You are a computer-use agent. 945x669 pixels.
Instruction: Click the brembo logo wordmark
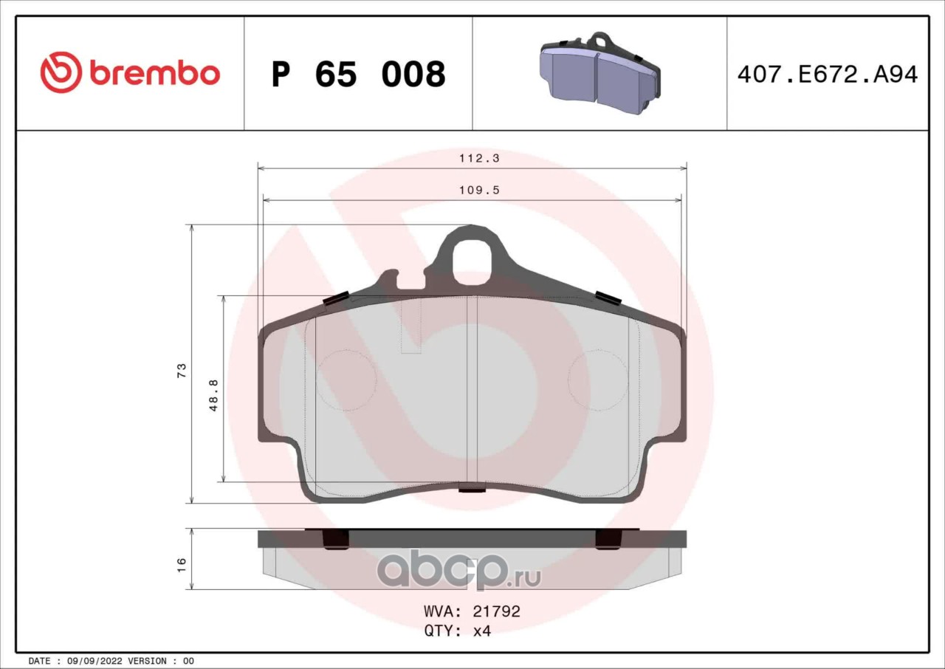pos(155,73)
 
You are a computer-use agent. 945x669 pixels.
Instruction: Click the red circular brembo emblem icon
pos(61,72)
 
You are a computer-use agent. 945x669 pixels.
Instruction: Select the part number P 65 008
pos(359,75)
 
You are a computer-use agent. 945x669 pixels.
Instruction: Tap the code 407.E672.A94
pos(828,75)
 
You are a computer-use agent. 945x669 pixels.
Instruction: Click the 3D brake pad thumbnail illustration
pos(600,73)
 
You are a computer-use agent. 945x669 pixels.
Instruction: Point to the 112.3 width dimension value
pos(479,158)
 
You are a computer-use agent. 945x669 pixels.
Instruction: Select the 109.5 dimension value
pos(479,191)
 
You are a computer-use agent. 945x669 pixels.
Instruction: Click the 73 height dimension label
pos(182,370)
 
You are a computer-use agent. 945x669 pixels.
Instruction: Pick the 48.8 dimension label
pos(214,395)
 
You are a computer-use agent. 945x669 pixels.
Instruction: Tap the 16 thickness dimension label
pos(182,564)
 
